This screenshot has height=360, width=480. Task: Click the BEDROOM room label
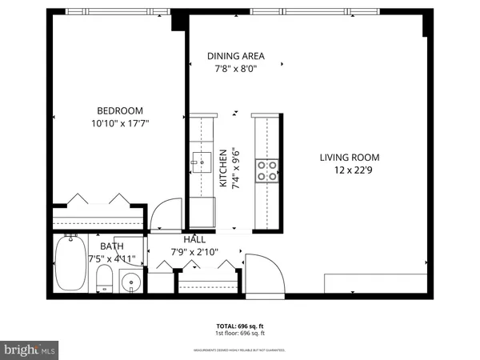click(120, 110)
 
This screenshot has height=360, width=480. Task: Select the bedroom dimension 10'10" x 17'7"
click(120, 123)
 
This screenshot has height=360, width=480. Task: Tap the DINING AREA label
click(235, 56)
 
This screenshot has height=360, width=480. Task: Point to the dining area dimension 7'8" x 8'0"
click(235, 68)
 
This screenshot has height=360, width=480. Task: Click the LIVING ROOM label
click(350, 158)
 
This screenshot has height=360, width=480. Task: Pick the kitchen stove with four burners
click(266, 169)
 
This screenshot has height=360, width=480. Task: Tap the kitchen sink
click(201, 164)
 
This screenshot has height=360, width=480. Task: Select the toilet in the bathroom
click(103, 279)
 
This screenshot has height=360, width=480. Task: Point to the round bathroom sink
click(131, 282)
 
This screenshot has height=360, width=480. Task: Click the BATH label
click(112, 246)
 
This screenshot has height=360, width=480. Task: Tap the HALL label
click(194, 239)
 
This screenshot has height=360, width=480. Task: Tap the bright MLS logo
click(30, 349)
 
